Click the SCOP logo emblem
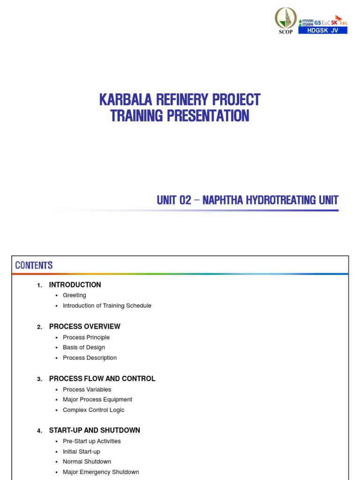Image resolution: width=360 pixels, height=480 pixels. pos(285,18)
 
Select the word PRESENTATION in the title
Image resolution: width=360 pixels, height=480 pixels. pos(203,116)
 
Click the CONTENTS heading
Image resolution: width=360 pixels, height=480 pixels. pos(34,265)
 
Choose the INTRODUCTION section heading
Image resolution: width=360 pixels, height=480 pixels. pos(75,285)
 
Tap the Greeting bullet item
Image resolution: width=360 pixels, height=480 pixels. pos(75,295)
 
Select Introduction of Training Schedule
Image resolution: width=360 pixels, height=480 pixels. pos(107,306)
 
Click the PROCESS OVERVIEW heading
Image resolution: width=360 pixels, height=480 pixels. pos(85,326)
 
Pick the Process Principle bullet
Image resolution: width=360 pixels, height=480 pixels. pos(86,337)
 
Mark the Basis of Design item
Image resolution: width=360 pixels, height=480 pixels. pos(84,347)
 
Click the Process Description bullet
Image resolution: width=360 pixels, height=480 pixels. pos(90,358)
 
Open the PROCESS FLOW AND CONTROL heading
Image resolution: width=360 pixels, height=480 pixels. pos(102,378)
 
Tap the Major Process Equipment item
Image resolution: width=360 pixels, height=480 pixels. pos(97,399)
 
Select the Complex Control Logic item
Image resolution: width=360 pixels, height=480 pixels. pos(94,410)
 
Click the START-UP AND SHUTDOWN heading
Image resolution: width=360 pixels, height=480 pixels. pos(95,430)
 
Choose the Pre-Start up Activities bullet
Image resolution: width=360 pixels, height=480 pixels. pos(92,441)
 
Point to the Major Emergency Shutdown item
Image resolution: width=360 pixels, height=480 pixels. pos(101,472)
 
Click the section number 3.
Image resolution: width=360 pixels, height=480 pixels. pos(39,379)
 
